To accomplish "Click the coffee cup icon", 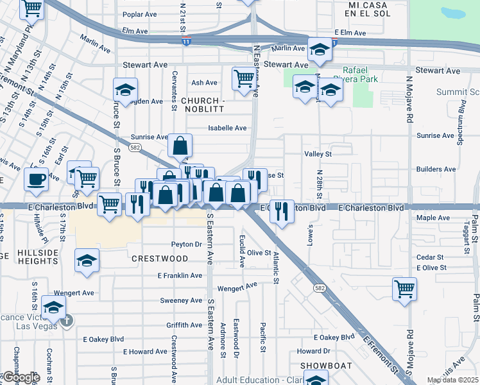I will click(37, 178).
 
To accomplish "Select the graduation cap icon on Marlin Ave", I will click(319, 49).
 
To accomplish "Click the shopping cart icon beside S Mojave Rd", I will click(404, 289).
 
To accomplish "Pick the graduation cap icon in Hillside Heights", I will click(87, 261).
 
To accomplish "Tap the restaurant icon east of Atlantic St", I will click(282, 210).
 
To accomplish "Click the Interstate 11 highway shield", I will click(185, 41).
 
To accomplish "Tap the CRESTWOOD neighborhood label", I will click(160, 259).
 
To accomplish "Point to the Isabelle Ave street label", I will click(227, 128).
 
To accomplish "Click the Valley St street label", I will click(318, 154).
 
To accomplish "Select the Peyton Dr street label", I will click(187, 244).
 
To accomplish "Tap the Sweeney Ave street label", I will click(182, 300).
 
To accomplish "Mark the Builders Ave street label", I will click(436, 169).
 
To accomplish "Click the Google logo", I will click(21, 377).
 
